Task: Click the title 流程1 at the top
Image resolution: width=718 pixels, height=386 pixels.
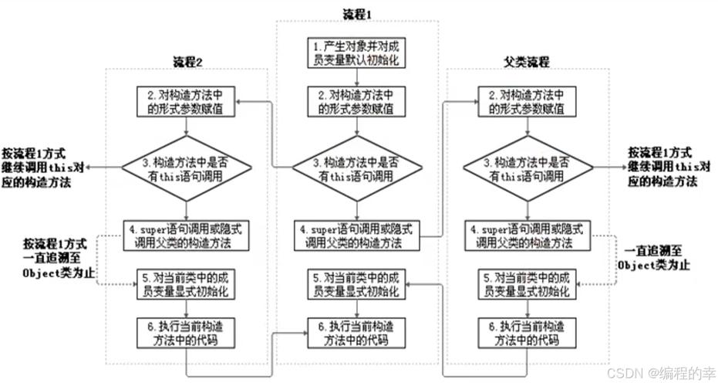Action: [x=357, y=13]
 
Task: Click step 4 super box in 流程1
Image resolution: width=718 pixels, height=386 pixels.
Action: [x=357, y=235]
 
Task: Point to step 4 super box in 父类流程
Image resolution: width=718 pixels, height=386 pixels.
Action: [x=528, y=235]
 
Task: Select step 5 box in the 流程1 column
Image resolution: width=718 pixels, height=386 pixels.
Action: [x=357, y=285]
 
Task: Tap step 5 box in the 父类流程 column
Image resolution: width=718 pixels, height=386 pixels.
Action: [x=528, y=285]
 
